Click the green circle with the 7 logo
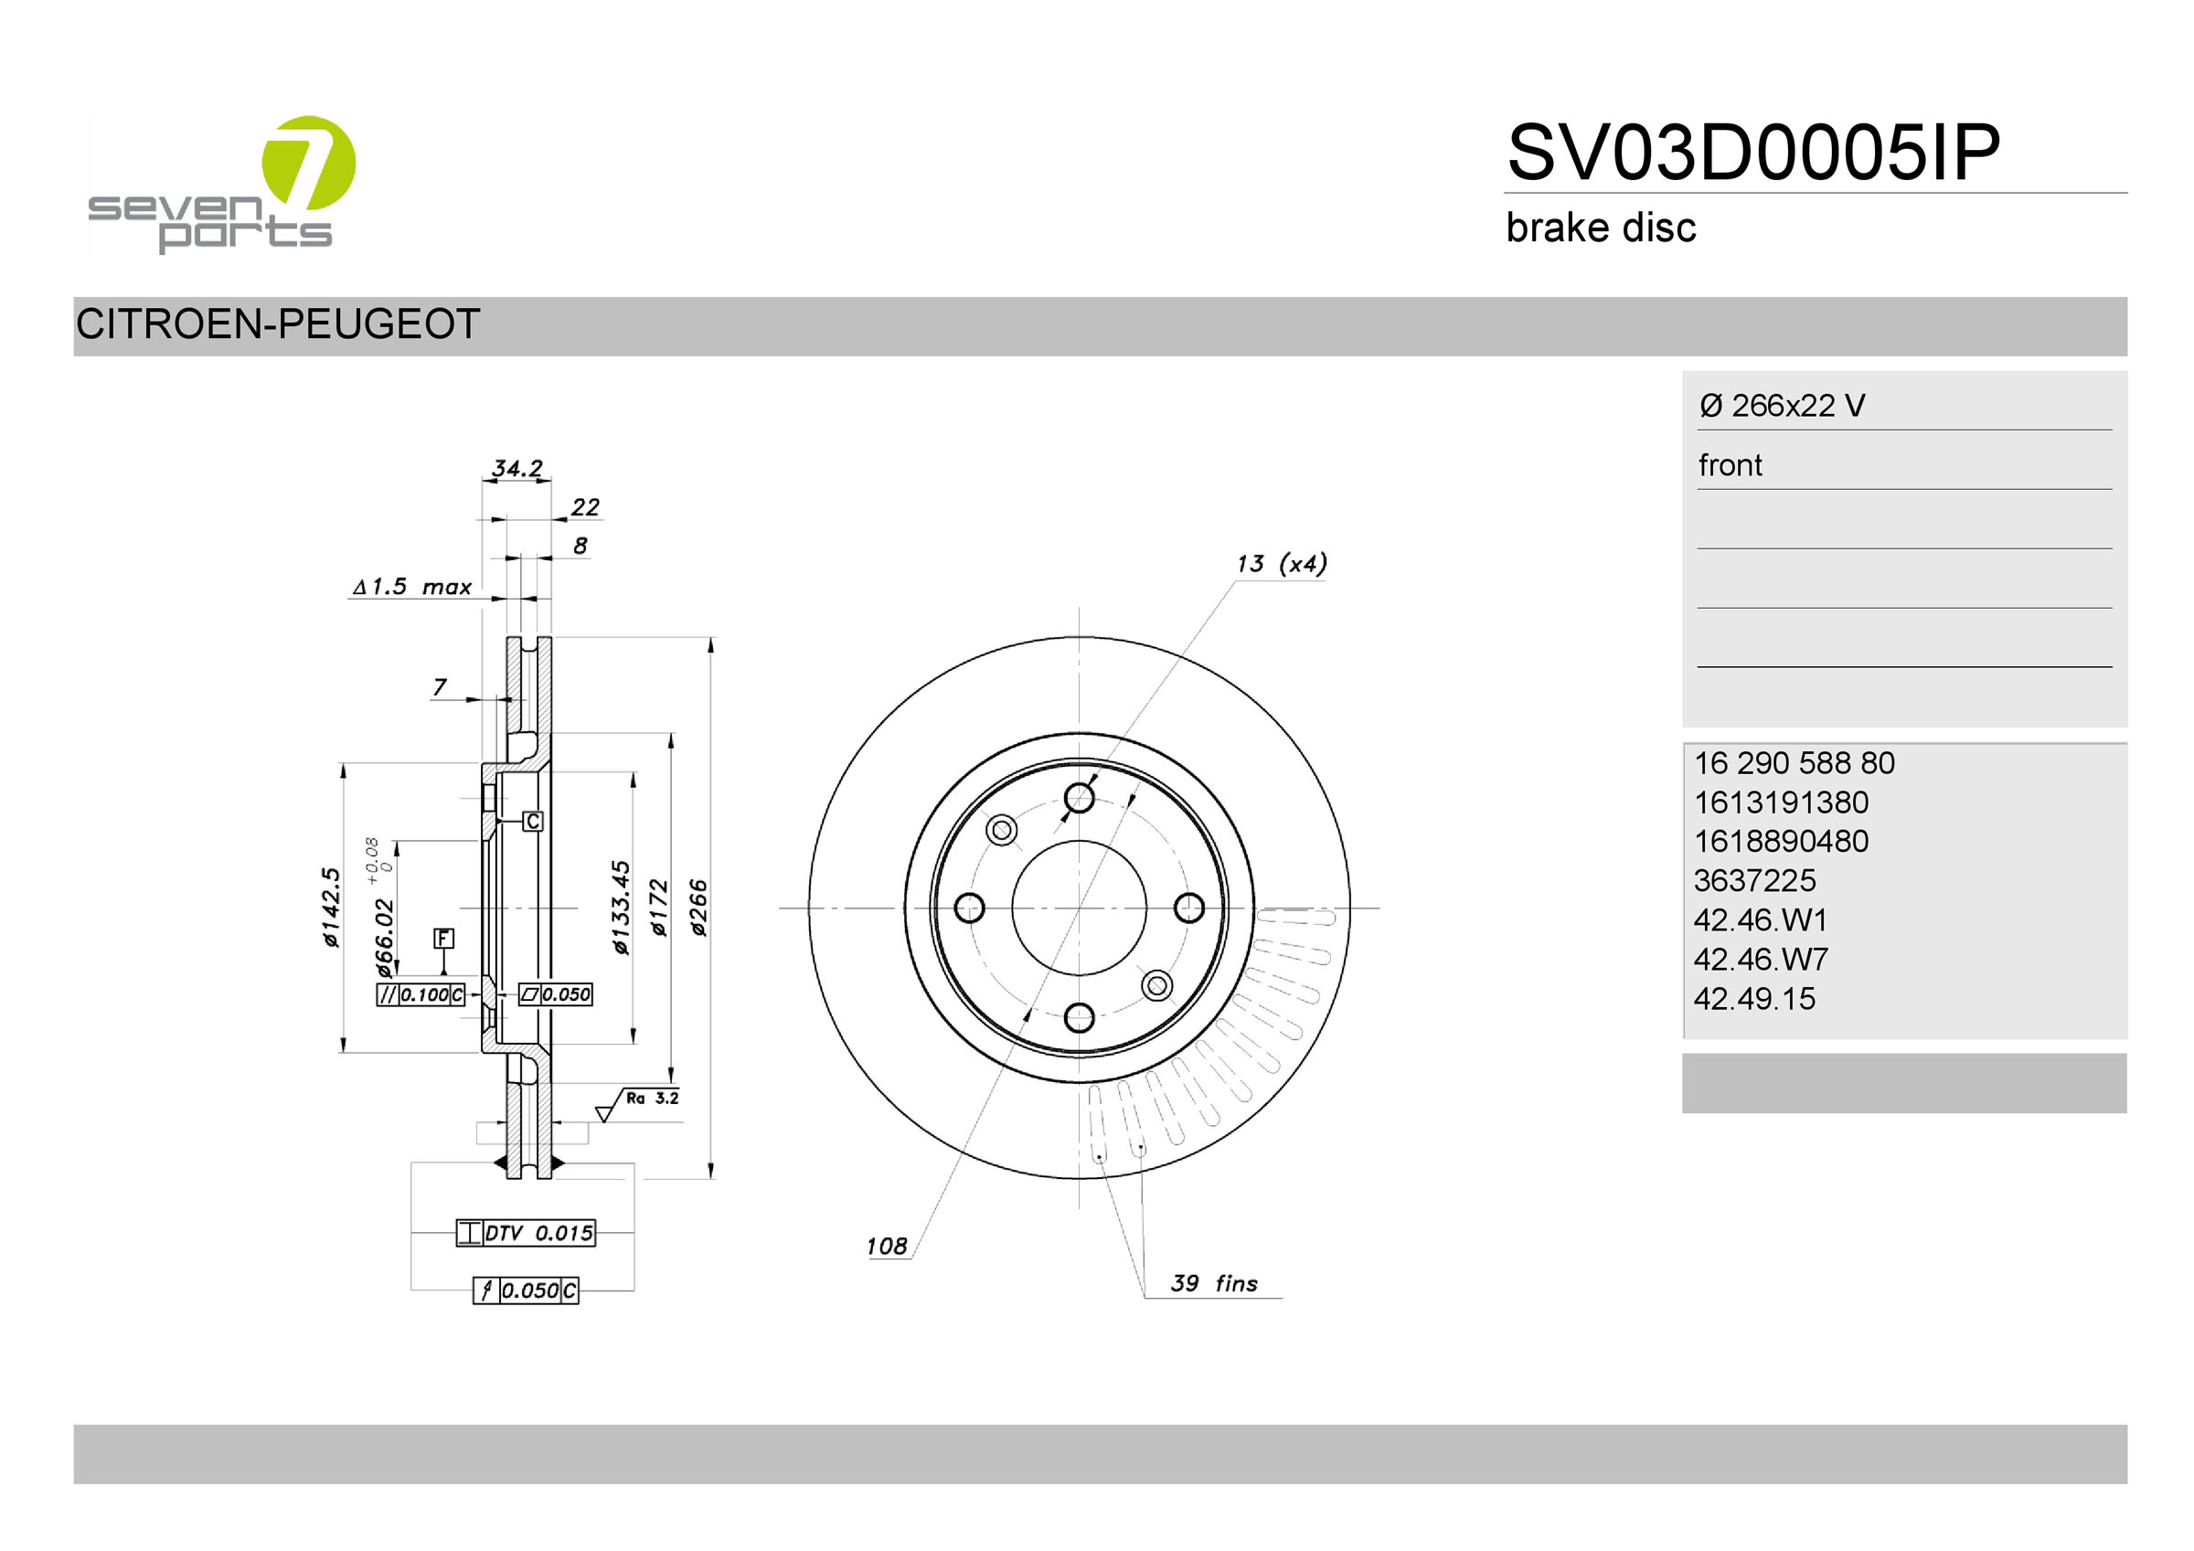tap(308, 163)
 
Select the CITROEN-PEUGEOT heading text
tap(277, 325)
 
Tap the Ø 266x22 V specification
tap(1781, 406)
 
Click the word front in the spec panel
tap(1730, 465)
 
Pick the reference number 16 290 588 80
tap(1794, 763)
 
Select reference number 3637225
tap(1754, 881)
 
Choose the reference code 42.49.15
tap(1754, 1000)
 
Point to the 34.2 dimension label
tap(517, 468)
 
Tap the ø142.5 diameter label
tap(331, 908)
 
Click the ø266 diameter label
tap(698, 908)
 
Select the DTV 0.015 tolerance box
tap(527, 1234)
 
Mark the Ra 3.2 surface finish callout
tap(651, 1099)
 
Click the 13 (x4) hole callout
tap(1281, 564)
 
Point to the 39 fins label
tap(1214, 1283)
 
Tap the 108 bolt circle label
tap(886, 1246)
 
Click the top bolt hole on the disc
tap(1079, 798)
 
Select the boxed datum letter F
tap(443, 939)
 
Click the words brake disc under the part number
tap(1601, 228)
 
